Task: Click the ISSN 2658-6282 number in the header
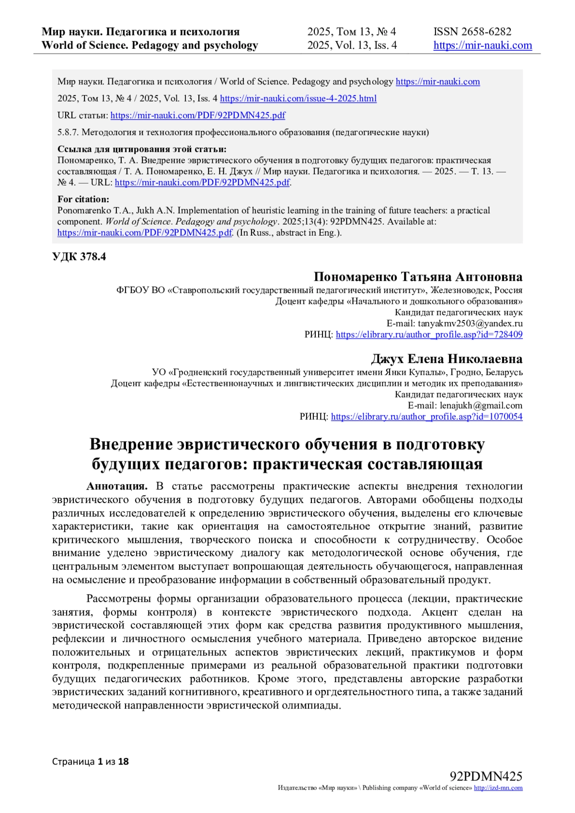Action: [x=472, y=32]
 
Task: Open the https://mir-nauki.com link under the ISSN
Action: [x=483, y=46]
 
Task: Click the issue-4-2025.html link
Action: [x=298, y=99]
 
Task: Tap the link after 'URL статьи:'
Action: [x=198, y=115]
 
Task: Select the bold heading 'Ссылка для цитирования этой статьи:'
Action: [x=142, y=149]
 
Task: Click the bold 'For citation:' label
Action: [x=83, y=199]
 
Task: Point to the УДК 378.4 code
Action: [x=79, y=257]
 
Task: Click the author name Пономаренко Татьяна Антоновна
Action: [x=418, y=277]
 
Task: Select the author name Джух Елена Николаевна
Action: [x=447, y=359]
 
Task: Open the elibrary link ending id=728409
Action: [x=429, y=334]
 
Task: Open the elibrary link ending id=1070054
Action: [x=426, y=417]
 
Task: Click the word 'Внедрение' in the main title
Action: [x=130, y=444]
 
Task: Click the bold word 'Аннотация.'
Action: [x=117, y=486]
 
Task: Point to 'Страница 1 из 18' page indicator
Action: [x=91, y=761]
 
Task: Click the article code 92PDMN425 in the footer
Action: [x=486, y=776]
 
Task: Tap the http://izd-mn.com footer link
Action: [x=498, y=788]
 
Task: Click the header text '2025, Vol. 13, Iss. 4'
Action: [x=352, y=46]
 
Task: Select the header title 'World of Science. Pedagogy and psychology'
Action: [x=149, y=46]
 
